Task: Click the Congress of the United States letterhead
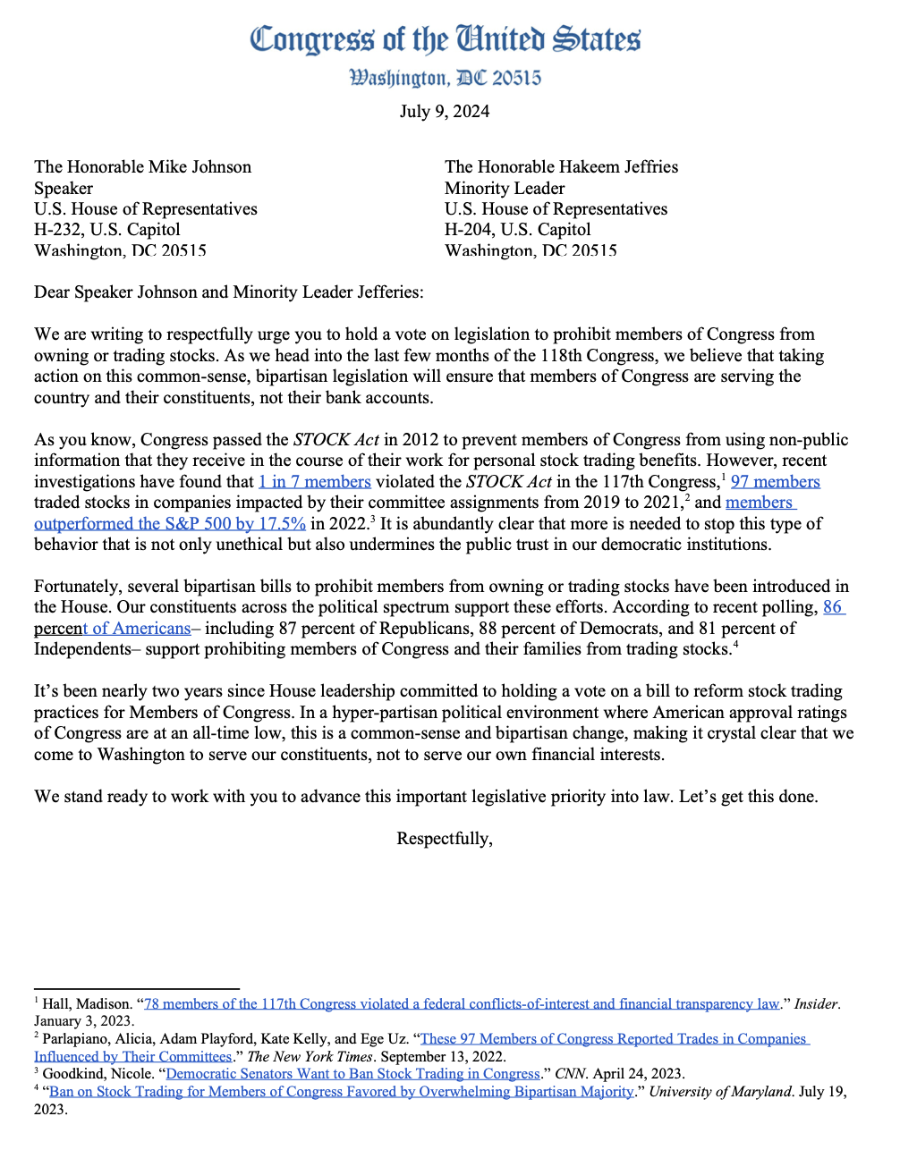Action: tap(445, 40)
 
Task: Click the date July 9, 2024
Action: tap(445, 112)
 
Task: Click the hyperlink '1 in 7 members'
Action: tap(314, 482)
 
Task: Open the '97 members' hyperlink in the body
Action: tap(775, 482)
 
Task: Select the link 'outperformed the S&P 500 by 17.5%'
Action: tap(170, 524)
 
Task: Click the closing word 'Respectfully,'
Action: tap(445, 839)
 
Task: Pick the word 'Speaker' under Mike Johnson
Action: tap(64, 189)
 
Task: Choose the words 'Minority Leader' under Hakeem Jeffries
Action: tap(505, 189)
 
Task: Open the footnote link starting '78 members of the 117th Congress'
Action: tap(462, 1004)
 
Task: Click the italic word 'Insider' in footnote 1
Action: tap(817, 1004)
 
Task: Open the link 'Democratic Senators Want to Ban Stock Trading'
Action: tap(352, 1074)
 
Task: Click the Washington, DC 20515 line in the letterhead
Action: tap(445, 79)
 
